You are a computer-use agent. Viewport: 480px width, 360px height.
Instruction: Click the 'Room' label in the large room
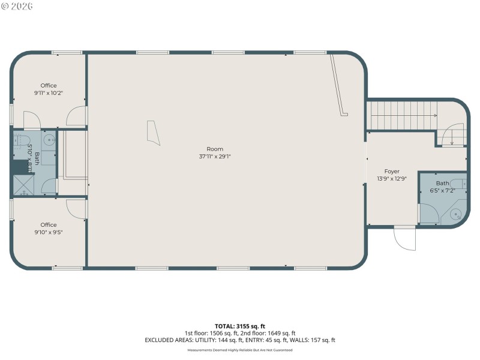(215, 149)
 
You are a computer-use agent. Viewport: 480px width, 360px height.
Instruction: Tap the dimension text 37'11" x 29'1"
(215, 157)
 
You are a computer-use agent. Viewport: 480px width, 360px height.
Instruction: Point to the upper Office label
(49, 85)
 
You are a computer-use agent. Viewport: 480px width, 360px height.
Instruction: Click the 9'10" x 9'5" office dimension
(49, 232)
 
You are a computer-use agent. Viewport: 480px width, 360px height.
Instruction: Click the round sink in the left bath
(49, 142)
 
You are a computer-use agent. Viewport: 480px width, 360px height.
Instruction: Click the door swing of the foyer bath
(428, 213)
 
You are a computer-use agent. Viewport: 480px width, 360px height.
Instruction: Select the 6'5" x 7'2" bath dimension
(442, 191)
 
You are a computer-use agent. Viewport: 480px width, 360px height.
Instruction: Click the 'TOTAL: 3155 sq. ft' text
(239, 326)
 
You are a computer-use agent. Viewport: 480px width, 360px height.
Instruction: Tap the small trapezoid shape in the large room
(154, 133)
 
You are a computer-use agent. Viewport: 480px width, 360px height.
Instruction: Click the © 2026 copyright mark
(17, 6)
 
